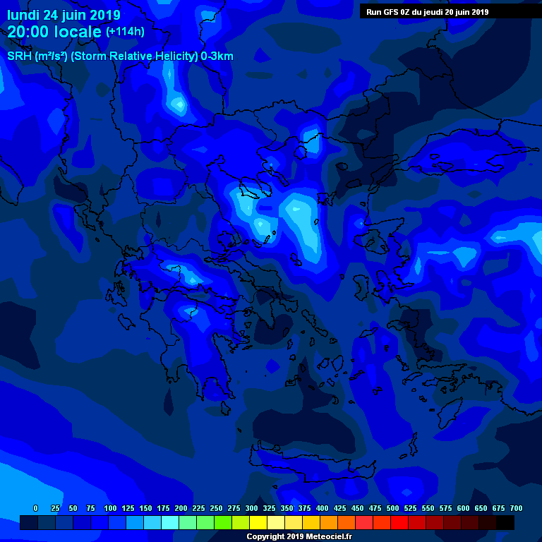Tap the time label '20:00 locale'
(55, 32)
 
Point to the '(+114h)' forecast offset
(126, 32)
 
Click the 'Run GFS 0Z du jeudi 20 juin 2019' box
(427, 12)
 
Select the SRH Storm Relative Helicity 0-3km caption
(120, 56)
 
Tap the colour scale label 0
(35, 508)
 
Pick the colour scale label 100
(110, 508)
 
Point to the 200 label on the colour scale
(181, 508)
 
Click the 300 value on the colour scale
(251, 508)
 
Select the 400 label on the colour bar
(322, 508)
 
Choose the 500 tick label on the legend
(392, 508)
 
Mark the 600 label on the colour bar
(463, 508)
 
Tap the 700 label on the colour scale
(516, 508)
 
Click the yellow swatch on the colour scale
(258, 522)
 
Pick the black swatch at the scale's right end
(505, 522)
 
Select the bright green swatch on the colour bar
(223, 522)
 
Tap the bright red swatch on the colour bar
(399, 522)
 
